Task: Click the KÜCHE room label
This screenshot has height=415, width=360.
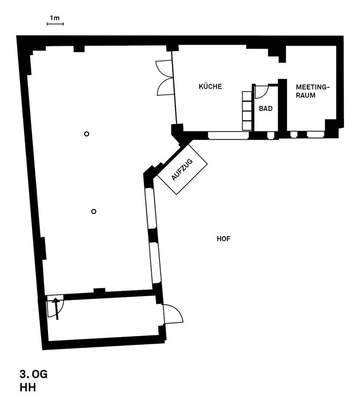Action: click(x=210, y=86)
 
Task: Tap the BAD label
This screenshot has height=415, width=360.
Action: click(x=265, y=109)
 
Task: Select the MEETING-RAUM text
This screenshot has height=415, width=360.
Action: click(x=312, y=91)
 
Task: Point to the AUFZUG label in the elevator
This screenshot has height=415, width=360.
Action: click(x=182, y=169)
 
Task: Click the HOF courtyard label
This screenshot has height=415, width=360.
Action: click(x=223, y=239)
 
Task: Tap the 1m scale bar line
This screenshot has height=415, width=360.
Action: click(x=55, y=24)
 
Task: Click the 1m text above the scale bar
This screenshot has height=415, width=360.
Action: click(x=55, y=18)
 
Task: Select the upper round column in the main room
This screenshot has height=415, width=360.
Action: click(x=86, y=134)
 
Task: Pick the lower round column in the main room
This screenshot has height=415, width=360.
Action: click(x=94, y=211)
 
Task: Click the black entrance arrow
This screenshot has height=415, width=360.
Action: click(x=56, y=309)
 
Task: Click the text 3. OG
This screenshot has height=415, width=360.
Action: click(x=34, y=374)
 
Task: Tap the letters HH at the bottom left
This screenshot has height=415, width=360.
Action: click(x=28, y=388)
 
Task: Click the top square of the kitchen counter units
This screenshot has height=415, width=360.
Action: click(x=247, y=96)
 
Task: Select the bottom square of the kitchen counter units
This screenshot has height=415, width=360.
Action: click(x=247, y=125)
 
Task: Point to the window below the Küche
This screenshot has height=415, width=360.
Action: click(x=228, y=135)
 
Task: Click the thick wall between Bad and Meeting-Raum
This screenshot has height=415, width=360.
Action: click(x=283, y=108)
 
